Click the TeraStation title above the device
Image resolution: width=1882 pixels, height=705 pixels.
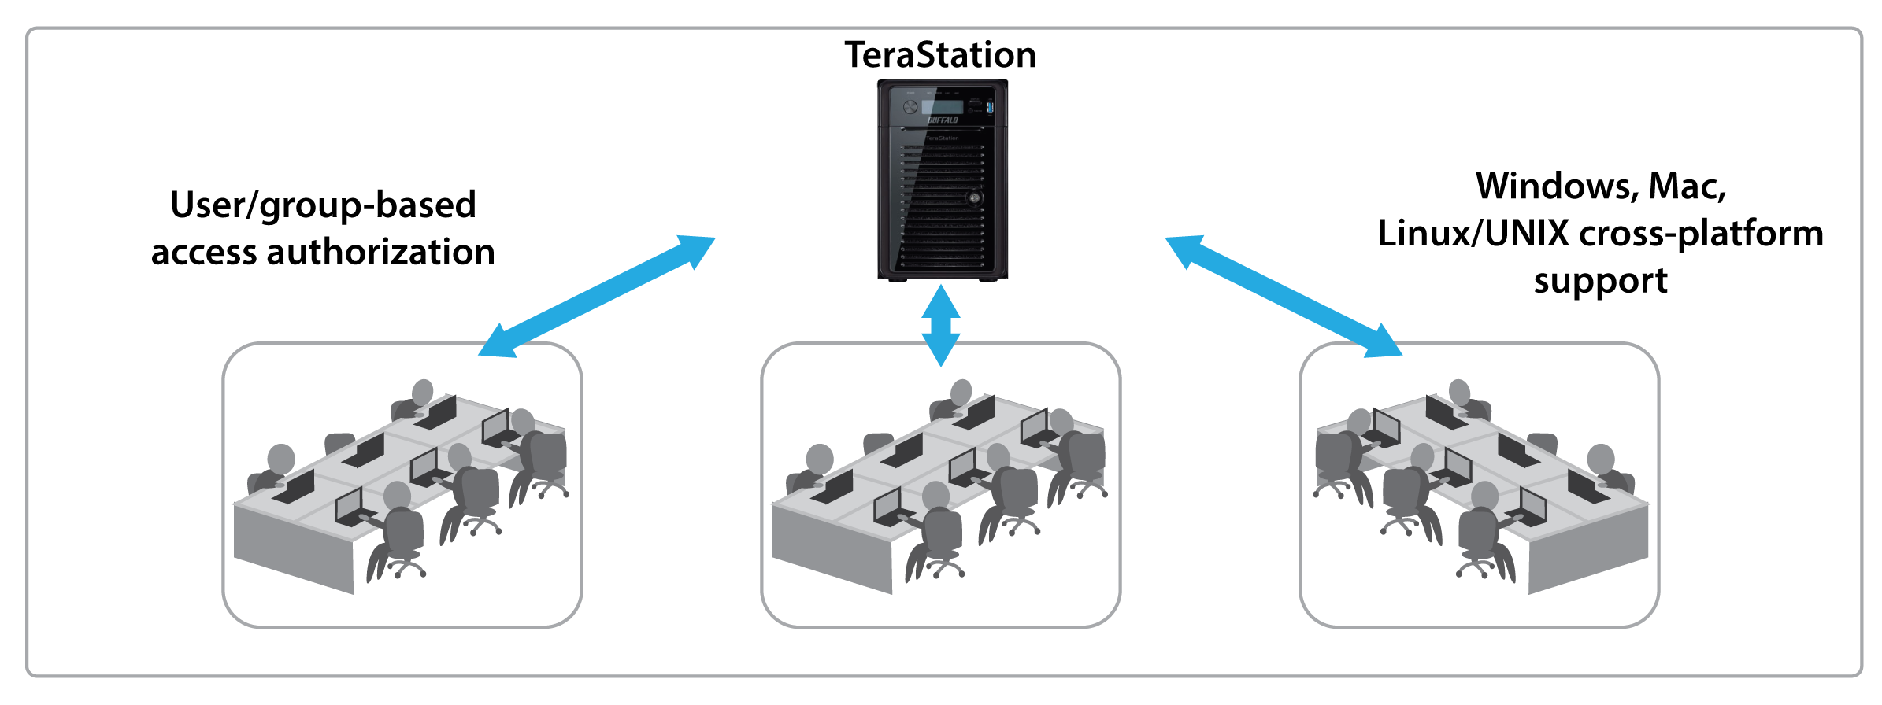click(x=940, y=55)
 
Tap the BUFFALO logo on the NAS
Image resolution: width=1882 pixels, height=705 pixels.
click(x=943, y=120)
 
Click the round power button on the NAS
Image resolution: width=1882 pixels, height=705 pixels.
click(x=911, y=106)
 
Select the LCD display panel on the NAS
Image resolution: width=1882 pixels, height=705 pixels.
click(x=943, y=106)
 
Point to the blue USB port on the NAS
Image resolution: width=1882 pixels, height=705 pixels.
click(x=990, y=106)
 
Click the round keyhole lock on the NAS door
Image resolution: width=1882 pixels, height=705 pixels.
click(x=975, y=197)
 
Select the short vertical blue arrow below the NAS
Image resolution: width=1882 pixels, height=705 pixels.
click(x=941, y=325)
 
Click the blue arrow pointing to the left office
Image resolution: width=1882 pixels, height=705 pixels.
click(x=597, y=297)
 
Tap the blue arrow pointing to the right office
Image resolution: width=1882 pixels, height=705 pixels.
click(x=1284, y=297)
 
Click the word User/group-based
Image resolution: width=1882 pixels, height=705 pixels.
click(x=323, y=205)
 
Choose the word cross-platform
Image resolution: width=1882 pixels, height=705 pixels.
click(x=1701, y=234)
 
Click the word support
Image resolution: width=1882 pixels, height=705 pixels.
click(x=1600, y=281)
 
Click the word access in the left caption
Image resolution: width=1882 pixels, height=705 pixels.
click(x=204, y=253)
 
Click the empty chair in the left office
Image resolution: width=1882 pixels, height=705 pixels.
click(x=340, y=442)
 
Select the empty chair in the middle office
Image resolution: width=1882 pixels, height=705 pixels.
click(x=879, y=442)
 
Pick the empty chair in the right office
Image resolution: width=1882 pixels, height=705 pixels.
click(x=1542, y=442)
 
